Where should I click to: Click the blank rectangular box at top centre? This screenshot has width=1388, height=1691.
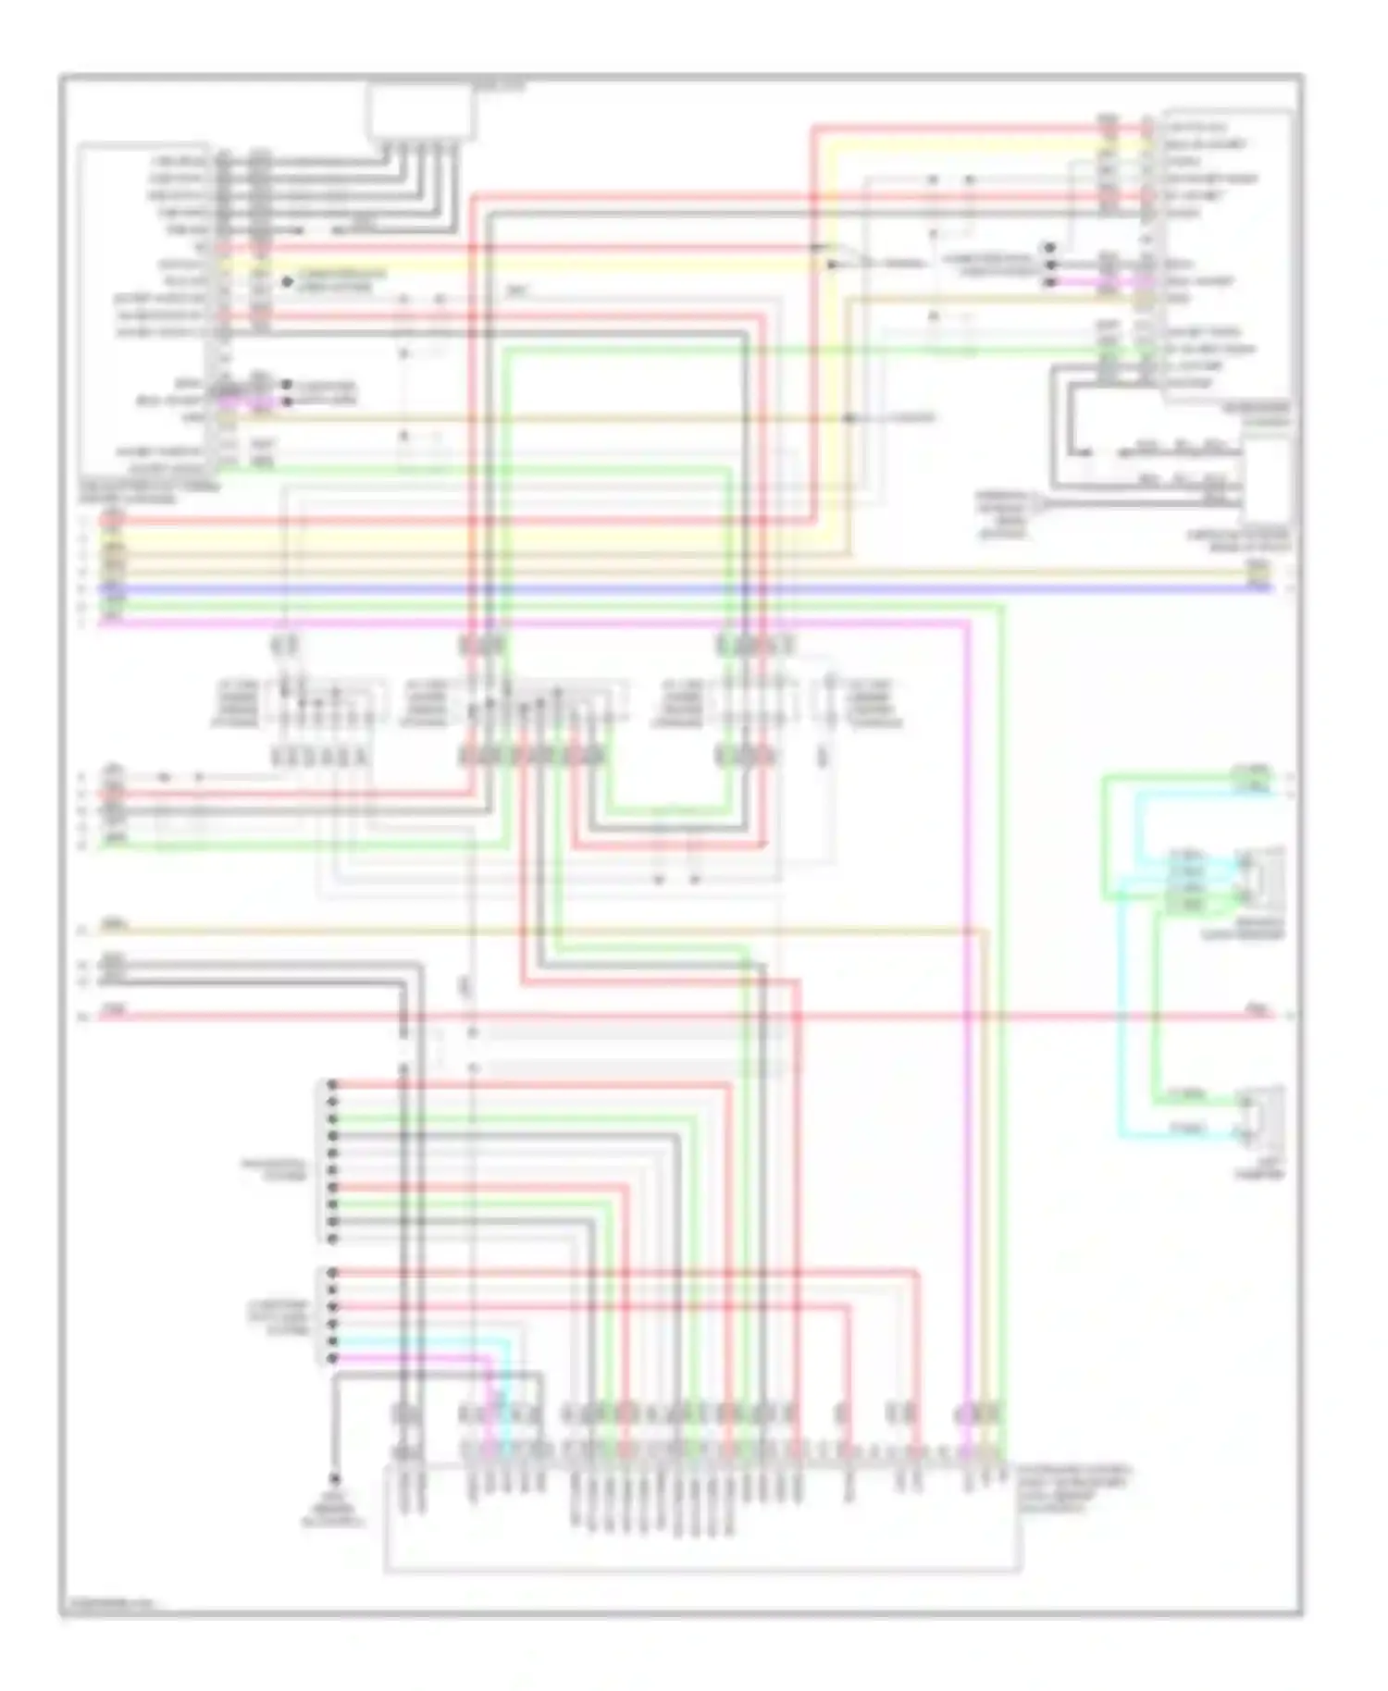coord(423,112)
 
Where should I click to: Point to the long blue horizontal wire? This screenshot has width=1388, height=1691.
coord(648,588)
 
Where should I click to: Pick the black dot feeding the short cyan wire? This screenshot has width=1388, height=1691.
coord(332,1341)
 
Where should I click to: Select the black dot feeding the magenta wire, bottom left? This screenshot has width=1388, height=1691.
coord(332,1358)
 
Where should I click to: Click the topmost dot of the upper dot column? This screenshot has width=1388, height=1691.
coord(332,1084)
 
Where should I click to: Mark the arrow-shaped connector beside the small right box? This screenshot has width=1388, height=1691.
coord(1037,504)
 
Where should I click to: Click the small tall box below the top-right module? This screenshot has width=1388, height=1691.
coord(1267,481)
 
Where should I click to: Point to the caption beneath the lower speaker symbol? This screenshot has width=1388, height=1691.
coord(1259,1169)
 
